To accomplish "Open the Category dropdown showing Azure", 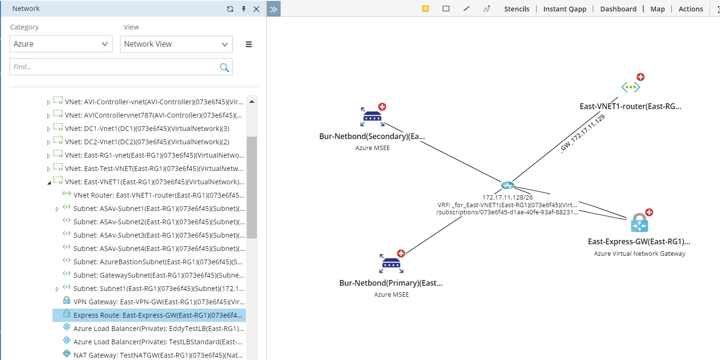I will click(61, 44).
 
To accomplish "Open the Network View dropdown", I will click(176, 44).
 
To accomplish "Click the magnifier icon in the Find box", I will click(224, 68).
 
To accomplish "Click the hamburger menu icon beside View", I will click(248, 44).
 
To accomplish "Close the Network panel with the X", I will click(256, 9).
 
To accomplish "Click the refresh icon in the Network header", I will click(230, 9).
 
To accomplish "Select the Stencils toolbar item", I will click(517, 9).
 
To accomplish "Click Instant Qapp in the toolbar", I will click(565, 9).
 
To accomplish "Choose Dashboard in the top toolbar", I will click(618, 9).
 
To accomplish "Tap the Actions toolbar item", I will click(690, 9).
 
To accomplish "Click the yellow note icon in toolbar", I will click(426, 9).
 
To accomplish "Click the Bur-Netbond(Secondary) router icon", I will click(372, 117).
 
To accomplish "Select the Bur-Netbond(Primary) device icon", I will click(391, 263).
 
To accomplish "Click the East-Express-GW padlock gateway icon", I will click(639, 223).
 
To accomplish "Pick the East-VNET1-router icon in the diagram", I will click(631, 87).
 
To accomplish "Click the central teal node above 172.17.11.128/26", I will click(507, 185).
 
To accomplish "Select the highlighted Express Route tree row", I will click(149, 315).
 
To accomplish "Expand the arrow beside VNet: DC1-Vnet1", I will click(48, 129).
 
